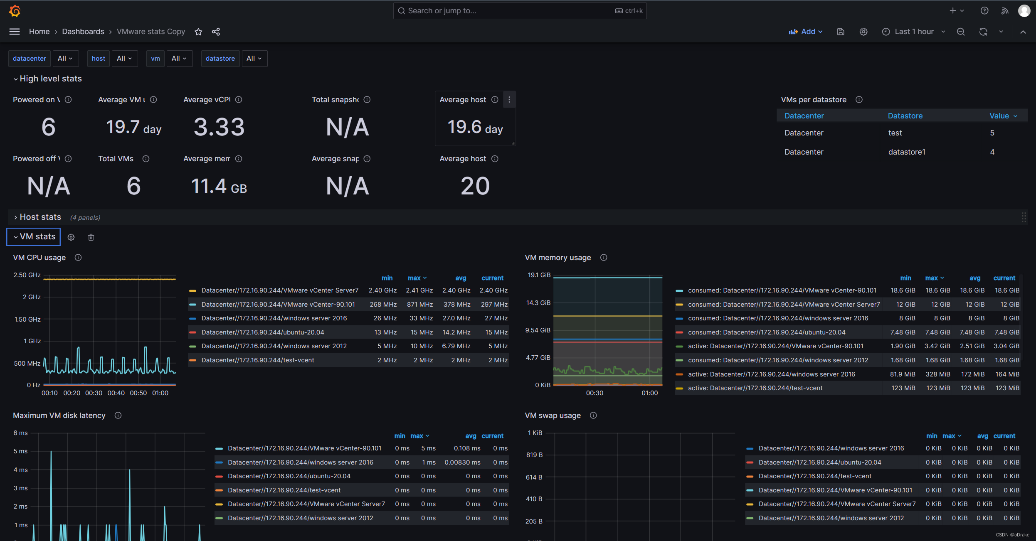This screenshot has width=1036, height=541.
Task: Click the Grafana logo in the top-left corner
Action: [15, 11]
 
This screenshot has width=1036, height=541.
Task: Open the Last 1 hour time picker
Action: [913, 32]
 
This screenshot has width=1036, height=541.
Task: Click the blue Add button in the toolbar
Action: [805, 32]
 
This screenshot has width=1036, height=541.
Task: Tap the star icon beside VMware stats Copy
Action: [198, 32]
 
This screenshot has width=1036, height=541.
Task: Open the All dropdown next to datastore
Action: [254, 59]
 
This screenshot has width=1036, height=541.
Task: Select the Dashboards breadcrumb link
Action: [83, 32]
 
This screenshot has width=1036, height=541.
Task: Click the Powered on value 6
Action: [48, 127]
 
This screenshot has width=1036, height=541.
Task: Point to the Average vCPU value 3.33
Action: [219, 127]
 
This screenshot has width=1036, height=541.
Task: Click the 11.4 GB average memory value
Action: [219, 186]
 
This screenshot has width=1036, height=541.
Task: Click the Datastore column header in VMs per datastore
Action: [905, 116]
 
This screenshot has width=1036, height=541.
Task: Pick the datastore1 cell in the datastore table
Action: [907, 152]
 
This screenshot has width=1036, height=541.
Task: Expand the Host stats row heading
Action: [40, 217]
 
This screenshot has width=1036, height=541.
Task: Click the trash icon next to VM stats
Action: [91, 237]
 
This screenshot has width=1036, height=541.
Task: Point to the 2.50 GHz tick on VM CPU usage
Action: [27, 275]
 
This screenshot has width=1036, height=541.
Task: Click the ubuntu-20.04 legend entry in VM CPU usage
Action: [262, 332]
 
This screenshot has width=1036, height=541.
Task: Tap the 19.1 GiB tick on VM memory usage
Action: [539, 275]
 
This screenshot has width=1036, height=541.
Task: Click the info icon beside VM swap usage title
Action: [593, 416]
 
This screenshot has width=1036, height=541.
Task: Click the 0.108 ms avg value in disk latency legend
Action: [467, 448]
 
